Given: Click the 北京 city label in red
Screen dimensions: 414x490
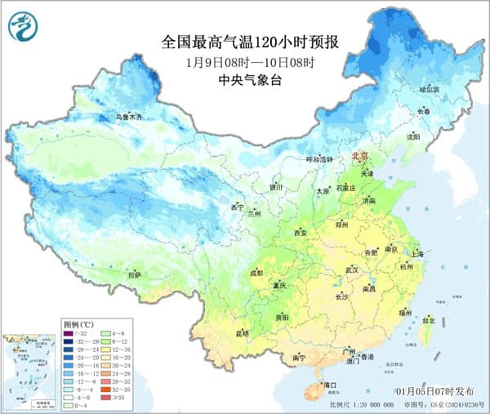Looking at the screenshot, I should (360, 156).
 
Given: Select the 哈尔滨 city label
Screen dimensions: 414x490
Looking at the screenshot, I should (430, 88).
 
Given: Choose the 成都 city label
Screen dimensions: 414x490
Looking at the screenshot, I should (255, 273).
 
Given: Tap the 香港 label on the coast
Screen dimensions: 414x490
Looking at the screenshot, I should (367, 358).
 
